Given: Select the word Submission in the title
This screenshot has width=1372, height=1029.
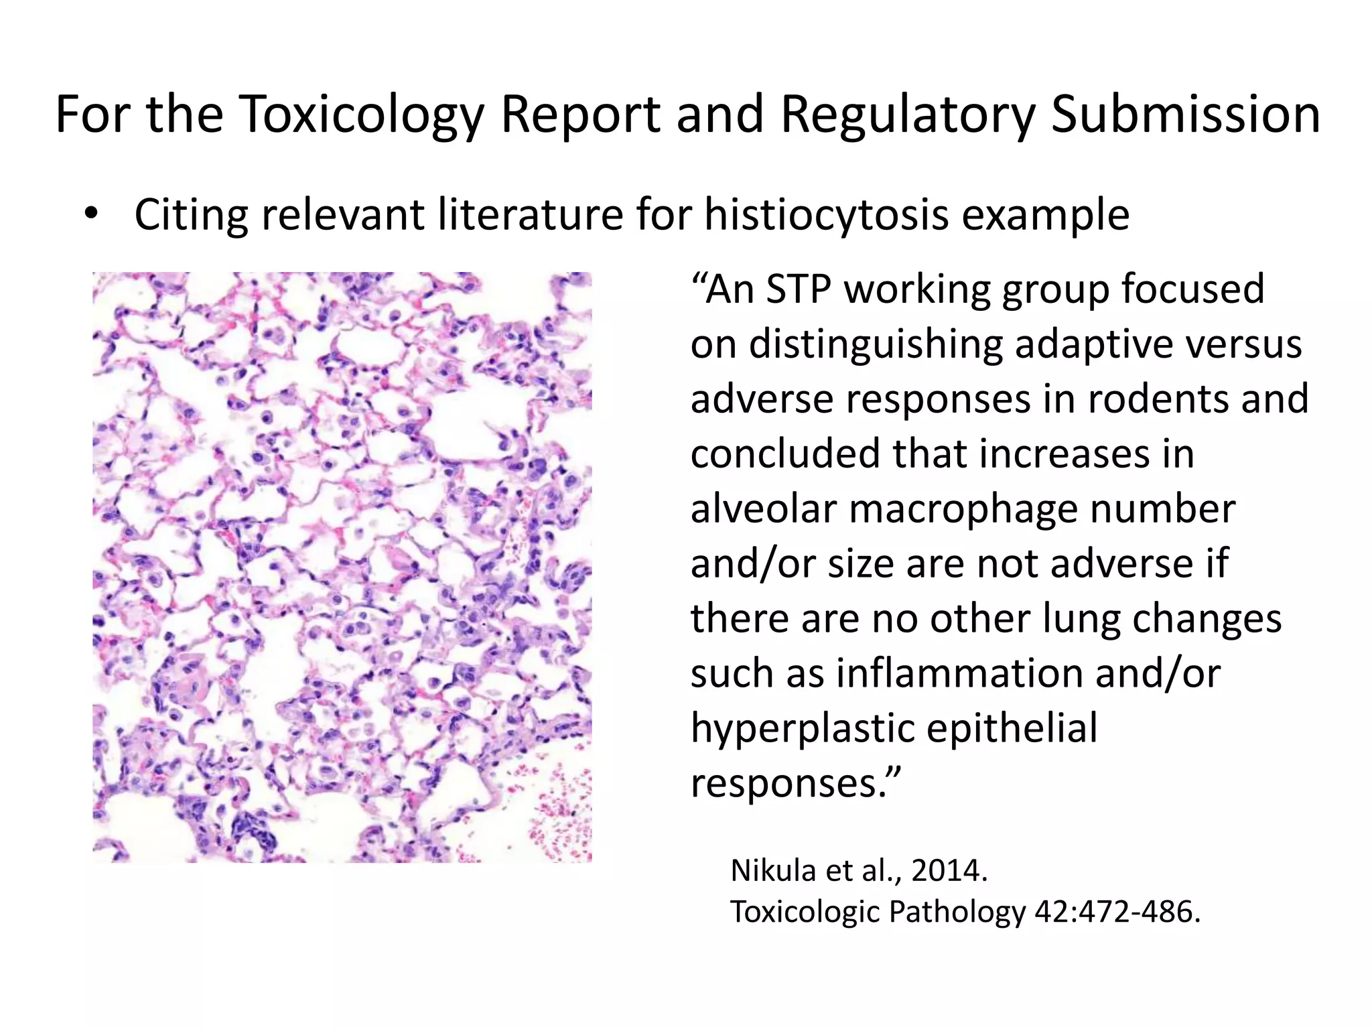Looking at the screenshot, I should click(x=1185, y=115).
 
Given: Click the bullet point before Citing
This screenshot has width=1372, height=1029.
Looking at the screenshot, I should click(x=91, y=215).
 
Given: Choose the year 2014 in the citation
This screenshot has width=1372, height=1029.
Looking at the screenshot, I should click(x=948, y=871).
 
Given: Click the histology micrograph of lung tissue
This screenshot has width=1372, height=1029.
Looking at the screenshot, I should click(x=342, y=567).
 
